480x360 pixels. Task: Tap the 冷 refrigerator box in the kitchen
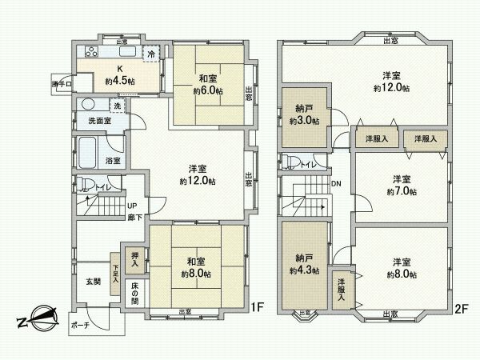click(150, 54)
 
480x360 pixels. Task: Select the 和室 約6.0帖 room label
click(208, 85)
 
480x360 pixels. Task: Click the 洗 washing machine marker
click(117, 106)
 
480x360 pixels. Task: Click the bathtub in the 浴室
click(89, 150)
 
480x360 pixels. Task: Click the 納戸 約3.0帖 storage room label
click(304, 115)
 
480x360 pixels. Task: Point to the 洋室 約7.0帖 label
click(400, 186)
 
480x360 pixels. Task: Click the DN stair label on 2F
click(337, 183)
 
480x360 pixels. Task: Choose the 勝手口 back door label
click(62, 83)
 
